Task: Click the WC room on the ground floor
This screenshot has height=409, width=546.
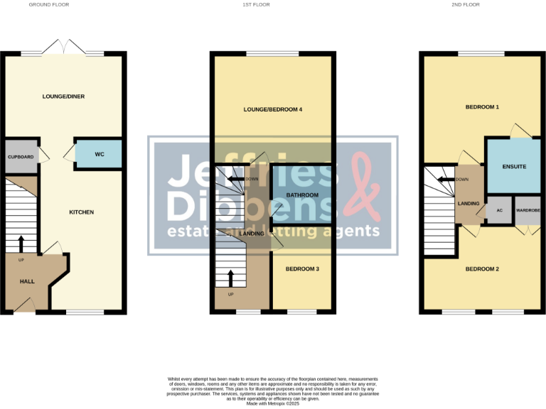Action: (x=99, y=154)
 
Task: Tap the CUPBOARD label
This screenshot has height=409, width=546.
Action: (x=21, y=157)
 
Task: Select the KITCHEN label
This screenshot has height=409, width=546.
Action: (x=81, y=212)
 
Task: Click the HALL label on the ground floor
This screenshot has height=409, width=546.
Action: (x=27, y=282)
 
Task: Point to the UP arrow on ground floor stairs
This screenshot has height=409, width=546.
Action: (x=21, y=244)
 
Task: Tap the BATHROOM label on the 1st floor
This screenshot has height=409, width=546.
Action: (x=301, y=195)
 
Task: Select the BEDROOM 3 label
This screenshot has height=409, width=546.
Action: (x=302, y=268)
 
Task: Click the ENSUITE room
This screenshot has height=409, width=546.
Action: (x=513, y=167)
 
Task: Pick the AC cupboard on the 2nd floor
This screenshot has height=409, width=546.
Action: (x=499, y=211)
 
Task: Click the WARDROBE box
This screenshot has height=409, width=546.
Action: (x=528, y=211)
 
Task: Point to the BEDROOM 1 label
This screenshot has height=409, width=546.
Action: (x=482, y=107)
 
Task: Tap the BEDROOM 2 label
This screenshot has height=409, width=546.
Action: (x=482, y=269)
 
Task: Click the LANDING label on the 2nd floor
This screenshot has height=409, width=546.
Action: (x=469, y=204)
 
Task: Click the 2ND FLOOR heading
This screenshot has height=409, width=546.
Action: (x=485, y=4)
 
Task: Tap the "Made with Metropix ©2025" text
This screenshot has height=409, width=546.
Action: (x=272, y=404)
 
